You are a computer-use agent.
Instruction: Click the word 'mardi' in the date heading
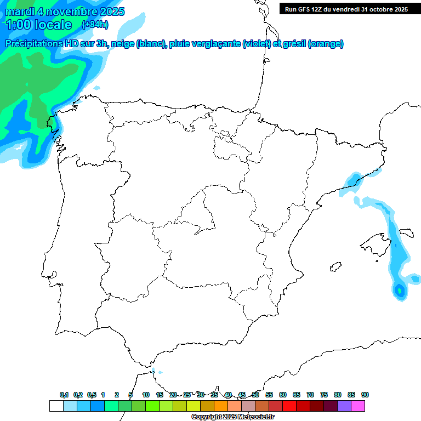(20, 12)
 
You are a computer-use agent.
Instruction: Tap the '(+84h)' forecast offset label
(95, 25)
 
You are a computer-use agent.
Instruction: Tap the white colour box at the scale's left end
(56, 406)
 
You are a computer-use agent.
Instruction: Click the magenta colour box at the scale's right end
(358, 406)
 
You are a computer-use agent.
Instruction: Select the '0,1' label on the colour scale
(64, 395)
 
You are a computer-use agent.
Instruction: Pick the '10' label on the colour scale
(146, 395)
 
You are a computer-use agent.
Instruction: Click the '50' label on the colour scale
(255, 395)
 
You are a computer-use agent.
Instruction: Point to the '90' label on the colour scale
(365, 395)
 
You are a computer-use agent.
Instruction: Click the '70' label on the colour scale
(310, 395)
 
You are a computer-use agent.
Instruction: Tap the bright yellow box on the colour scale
(194, 406)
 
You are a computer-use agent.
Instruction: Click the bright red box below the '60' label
(289, 406)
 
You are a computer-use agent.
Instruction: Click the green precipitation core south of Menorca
(400, 289)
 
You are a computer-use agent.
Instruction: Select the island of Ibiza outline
(335, 267)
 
